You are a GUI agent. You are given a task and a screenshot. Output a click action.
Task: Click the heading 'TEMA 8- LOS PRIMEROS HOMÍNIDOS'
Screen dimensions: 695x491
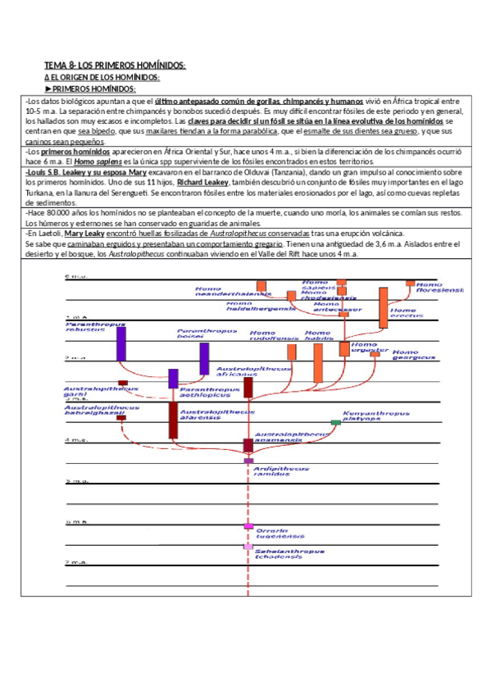click(115, 65)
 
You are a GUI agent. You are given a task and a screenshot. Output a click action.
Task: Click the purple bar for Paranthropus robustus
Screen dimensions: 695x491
click(121, 343)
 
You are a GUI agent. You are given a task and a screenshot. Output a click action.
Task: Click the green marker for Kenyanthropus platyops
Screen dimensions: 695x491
click(335, 422)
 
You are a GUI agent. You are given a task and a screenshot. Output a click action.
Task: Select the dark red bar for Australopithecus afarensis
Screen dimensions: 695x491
click(173, 420)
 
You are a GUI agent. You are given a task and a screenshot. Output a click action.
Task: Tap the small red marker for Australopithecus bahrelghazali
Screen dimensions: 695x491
click(121, 417)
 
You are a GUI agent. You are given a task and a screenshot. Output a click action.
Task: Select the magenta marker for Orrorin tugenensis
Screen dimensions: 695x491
click(248, 526)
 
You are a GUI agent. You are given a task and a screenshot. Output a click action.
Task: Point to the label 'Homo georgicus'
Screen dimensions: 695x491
click(411, 354)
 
